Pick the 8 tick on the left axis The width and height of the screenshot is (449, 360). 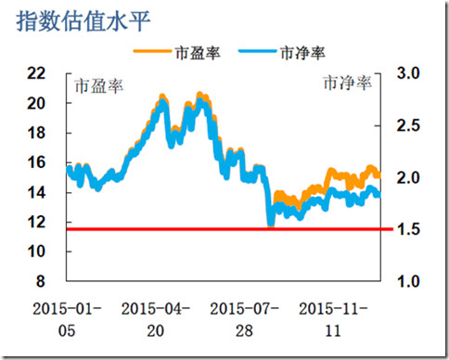point(52,281)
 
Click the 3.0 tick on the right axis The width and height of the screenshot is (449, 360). point(408,73)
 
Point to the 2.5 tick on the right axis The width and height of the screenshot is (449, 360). point(408,125)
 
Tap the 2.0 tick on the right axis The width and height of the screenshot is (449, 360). point(408,177)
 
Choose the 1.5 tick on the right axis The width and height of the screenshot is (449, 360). point(408,229)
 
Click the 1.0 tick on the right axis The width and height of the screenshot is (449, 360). point(408,281)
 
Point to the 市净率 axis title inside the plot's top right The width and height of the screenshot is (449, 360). point(348,84)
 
